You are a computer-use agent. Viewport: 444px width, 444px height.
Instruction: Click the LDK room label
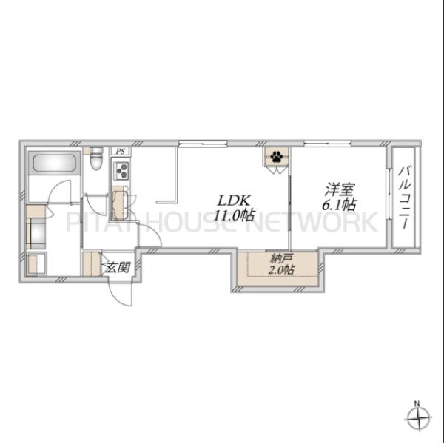[x=234, y=201]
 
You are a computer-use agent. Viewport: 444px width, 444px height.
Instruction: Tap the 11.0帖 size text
[x=234, y=215]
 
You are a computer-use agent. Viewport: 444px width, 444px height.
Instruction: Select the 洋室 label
[x=339, y=189]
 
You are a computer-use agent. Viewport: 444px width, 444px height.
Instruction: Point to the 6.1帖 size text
[x=339, y=204]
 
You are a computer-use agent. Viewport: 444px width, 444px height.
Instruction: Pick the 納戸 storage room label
[x=281, y=258]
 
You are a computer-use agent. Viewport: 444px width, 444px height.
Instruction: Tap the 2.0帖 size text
[x=280, y=269]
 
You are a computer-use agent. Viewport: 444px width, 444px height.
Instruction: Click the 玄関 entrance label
[x=118, y=267]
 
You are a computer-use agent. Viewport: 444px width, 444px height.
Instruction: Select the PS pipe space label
[x=121, y=152]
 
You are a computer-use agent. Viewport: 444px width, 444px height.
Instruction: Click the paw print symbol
[x=276, y=156]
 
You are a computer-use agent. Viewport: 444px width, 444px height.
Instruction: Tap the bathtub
[x=55, y=164]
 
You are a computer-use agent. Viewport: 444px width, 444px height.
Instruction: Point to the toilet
[x=95, y=158]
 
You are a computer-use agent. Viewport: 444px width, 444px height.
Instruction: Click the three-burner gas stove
[x=121, y=170]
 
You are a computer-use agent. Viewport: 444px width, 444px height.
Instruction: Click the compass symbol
[x=419, y=418]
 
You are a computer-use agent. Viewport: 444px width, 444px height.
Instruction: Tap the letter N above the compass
[x=417, y=403]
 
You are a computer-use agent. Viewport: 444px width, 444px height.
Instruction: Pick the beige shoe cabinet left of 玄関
[x=92, y=263]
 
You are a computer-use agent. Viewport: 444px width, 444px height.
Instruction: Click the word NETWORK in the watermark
[x=312, y=222]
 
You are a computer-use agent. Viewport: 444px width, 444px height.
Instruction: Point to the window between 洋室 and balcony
[x=389, y=194]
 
